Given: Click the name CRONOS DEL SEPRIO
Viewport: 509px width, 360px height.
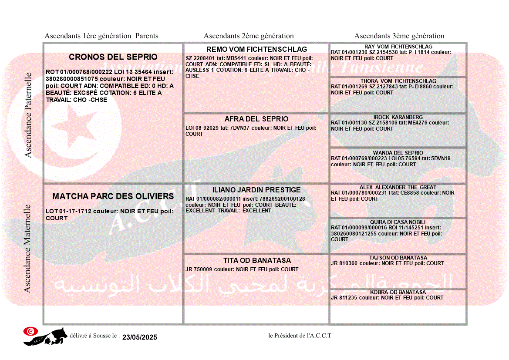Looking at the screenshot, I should (113, 57).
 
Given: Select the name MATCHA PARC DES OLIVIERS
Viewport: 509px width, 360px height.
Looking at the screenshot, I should (113, 196).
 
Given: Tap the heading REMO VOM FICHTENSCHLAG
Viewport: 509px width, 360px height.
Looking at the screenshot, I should (256, 49).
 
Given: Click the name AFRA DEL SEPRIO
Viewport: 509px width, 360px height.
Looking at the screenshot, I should (256, 119).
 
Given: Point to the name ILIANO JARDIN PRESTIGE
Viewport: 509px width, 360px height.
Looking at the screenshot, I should (256, 190).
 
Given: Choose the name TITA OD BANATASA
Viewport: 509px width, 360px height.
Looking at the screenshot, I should (257, 260).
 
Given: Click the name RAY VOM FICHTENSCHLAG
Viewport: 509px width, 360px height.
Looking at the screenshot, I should (398, 47).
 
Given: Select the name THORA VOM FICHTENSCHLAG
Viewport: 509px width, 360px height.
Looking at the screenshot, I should (398, 81).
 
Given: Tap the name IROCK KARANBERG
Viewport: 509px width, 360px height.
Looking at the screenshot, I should (398, 117).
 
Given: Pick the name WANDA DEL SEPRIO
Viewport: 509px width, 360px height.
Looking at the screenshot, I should (398, 153).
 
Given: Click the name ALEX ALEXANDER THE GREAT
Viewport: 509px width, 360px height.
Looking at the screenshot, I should (398, 187).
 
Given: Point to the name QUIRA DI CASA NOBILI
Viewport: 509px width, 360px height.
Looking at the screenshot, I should (398, 222).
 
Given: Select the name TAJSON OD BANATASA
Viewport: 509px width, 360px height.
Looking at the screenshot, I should (398, 258).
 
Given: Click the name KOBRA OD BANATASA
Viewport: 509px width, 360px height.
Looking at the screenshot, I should (398, 292).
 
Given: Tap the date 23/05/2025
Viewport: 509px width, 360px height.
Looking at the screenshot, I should (139, 337).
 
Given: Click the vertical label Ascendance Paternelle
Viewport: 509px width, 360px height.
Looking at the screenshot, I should (28, 115).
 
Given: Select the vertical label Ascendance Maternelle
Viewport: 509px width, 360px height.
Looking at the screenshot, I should (27, 248).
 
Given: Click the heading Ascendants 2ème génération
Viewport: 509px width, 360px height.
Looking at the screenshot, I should (249, 36).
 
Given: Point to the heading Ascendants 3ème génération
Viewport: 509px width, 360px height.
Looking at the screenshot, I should (399, 36).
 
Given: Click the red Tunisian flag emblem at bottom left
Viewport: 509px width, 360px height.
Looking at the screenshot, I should (30, 332).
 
